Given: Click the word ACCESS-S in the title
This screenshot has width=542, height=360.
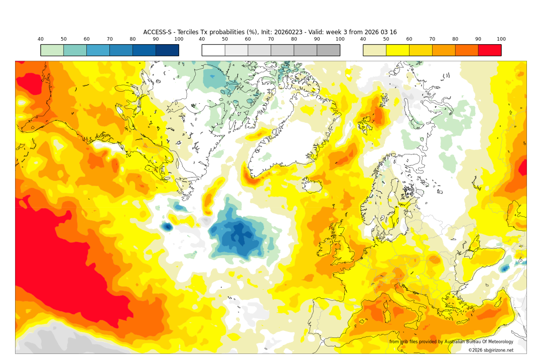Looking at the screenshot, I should (x=158, y=32).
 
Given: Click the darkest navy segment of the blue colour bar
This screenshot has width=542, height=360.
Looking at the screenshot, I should (x=167, y=50).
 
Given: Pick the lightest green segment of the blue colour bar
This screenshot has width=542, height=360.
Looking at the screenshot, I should (x=52, y=50).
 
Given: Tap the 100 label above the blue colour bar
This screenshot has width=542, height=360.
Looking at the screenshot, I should (x=179, y=39).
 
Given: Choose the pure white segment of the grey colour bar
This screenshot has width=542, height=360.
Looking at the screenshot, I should (x=213, y=50).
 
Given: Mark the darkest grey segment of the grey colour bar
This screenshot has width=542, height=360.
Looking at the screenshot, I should (x=328, y=50).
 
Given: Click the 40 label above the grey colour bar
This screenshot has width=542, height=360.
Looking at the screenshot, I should (x=202, y=39).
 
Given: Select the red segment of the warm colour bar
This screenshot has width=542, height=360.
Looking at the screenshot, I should (x=489, y=50).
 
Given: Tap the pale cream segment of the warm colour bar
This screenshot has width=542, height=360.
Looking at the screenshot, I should (x=374, y=50).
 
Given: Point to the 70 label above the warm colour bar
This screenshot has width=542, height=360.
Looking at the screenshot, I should (x=432, y=39).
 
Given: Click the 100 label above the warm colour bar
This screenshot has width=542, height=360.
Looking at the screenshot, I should (x=501, y=39).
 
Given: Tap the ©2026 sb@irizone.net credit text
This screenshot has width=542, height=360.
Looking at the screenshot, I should (x=491, y=350).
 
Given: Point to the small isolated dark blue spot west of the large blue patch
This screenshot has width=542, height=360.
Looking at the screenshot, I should (x=167, y=227).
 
